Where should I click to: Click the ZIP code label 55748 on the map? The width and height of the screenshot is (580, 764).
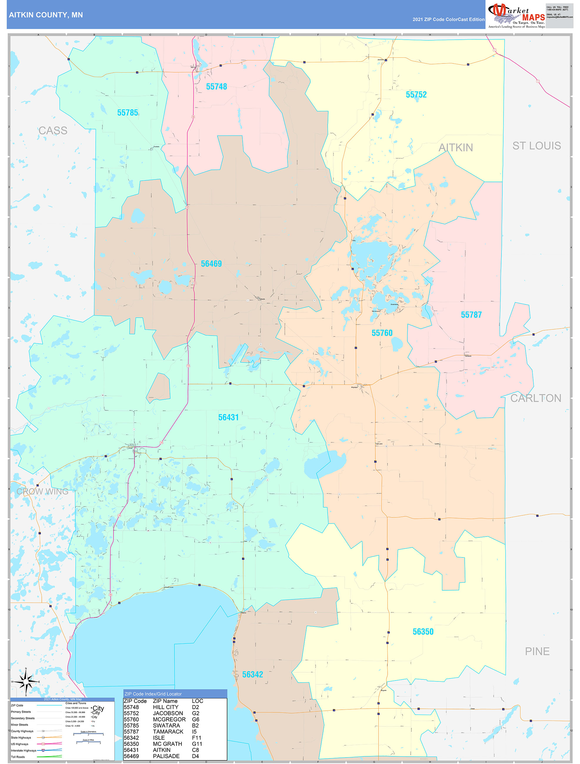(216, 87)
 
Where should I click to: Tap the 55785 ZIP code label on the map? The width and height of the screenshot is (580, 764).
(128, 113)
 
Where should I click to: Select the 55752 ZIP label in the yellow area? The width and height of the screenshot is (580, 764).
(416, 95)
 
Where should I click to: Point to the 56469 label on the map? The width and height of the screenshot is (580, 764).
(211, 264)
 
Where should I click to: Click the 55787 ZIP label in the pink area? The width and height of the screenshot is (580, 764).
(471, 315)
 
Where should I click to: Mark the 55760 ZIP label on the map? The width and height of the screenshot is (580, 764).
(382, 333)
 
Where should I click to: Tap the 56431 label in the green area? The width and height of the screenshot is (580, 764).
(229, 417)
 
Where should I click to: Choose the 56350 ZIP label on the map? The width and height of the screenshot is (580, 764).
(423, 632)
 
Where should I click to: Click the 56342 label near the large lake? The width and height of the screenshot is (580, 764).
(252, 675)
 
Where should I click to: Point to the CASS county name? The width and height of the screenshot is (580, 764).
(53, 130)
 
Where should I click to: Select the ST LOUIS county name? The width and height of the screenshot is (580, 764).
(536, 146)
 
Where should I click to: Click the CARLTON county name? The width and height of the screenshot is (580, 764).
(536, 398)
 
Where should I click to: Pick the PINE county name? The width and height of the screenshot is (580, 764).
(537, 651)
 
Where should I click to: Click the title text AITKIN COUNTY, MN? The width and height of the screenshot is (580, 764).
(46, 15)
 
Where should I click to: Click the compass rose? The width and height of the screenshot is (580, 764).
(26, 681)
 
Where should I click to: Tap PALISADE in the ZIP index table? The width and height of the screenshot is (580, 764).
(166, 756)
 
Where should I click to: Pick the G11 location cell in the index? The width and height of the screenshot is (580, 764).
(197, 744)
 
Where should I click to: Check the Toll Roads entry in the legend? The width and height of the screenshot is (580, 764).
(18, 757)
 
